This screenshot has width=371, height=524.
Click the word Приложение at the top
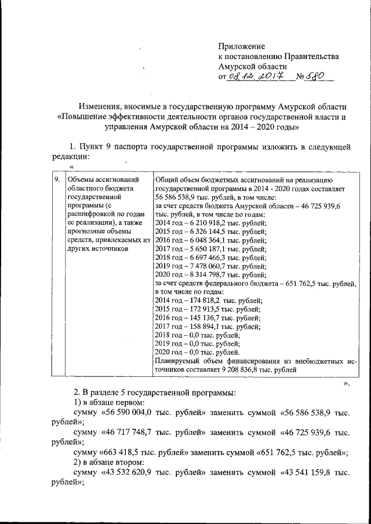pos(241,46)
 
